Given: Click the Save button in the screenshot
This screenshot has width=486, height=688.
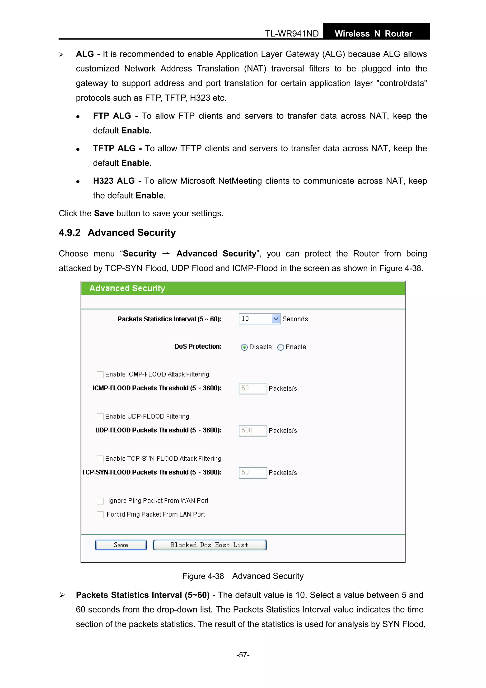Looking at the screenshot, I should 121,545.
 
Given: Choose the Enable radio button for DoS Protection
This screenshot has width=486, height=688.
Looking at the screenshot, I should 280,347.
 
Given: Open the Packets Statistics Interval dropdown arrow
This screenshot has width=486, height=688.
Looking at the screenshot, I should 276,319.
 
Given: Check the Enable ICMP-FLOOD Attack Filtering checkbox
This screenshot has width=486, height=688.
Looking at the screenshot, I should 100,375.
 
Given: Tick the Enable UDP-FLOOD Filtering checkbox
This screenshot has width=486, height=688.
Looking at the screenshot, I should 100,417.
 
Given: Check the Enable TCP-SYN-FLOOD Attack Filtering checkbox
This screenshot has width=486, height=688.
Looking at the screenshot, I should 100,459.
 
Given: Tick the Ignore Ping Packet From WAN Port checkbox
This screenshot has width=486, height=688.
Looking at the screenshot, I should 100,501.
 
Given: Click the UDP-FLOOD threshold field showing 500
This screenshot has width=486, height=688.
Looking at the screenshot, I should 252,431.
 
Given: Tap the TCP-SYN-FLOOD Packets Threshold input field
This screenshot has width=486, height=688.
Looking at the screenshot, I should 252,473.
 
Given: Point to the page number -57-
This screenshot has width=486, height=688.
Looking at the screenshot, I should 243,655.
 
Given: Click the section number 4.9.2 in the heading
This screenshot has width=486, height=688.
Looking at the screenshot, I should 70,233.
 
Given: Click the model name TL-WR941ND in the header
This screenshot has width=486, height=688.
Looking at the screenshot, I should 292,33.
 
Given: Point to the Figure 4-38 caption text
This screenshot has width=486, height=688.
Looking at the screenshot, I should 243,576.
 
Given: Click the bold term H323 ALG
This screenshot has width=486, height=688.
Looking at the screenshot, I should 114,181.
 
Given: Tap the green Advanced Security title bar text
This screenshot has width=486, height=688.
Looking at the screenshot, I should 127,288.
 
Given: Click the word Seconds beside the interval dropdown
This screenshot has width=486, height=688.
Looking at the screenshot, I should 295,319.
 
